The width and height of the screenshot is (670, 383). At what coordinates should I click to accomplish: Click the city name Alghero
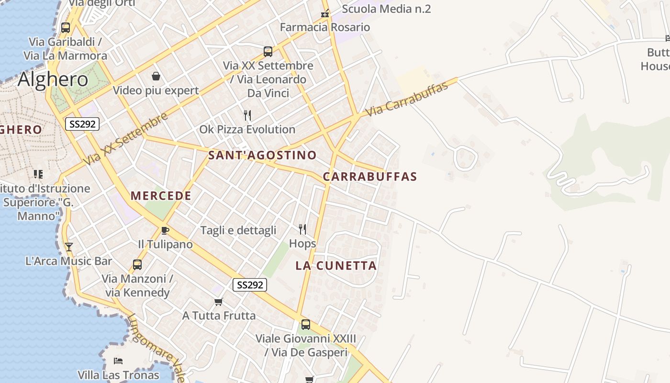[53, 79]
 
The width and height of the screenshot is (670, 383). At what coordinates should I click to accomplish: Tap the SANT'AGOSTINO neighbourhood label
[262, 155]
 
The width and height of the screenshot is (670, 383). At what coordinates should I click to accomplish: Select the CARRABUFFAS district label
[370, 177]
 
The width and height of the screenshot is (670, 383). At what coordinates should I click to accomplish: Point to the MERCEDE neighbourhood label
[161, 196]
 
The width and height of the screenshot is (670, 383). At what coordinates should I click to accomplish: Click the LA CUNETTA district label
[336, 266]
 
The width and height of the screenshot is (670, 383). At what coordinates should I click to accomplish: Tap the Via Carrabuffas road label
[407, 99]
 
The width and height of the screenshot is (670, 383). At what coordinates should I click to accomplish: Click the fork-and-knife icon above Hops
[302, 229]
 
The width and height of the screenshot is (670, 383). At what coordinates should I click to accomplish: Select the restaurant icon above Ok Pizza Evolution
[247, 115]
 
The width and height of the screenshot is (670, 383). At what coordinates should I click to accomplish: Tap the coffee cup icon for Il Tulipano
[165, 231]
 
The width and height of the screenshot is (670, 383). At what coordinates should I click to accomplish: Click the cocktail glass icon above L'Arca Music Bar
[69, 247]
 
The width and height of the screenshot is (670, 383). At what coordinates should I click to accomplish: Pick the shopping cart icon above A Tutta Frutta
[219, 302]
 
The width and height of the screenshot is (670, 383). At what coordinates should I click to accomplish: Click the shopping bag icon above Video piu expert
[156, 76]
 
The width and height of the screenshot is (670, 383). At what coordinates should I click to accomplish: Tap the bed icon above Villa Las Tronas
[118, 360]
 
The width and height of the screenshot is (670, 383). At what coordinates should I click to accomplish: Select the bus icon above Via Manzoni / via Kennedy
[137, 264]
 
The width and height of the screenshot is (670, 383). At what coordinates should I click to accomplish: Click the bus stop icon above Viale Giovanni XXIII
[306, 325]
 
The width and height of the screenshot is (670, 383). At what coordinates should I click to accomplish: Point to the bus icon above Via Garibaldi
[66, 28]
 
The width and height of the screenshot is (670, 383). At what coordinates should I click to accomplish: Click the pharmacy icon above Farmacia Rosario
[325, 13]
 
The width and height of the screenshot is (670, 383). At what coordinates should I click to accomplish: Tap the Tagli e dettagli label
[238, 230]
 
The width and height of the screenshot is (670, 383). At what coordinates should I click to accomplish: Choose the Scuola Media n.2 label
[386, 9]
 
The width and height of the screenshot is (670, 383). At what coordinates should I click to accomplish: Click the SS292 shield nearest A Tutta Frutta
[250, 285]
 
